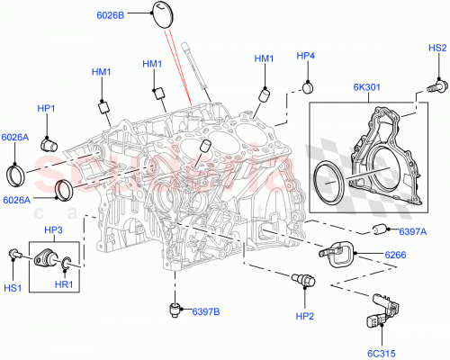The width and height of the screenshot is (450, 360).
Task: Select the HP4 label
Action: pyautogui.click(x=306, y=56)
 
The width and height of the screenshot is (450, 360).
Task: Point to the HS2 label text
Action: pyautogui.click(x=436, y=48)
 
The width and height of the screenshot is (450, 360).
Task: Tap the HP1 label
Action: pyautogui.click(x=47, y=109)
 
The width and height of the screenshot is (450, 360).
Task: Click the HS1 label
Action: pyautogui.click(x=14, y=290)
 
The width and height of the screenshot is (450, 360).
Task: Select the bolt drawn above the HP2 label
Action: pyautogui.click(x=300, y=282)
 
